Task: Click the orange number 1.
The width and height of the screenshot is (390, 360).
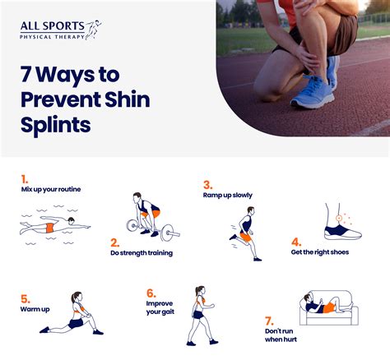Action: click(x=25, y=178)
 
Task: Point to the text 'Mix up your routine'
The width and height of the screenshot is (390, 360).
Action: click(x=51, y=189)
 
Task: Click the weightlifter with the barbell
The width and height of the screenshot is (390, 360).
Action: click(x=147, y=215)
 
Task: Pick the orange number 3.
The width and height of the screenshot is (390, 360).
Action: click(x=208, y=184)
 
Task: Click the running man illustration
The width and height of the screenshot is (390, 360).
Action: click(x=244, y=233)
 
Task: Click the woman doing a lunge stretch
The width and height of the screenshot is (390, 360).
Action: click(x=72, y=314)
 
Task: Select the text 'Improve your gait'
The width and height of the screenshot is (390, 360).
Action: click(x=160, y=307)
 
